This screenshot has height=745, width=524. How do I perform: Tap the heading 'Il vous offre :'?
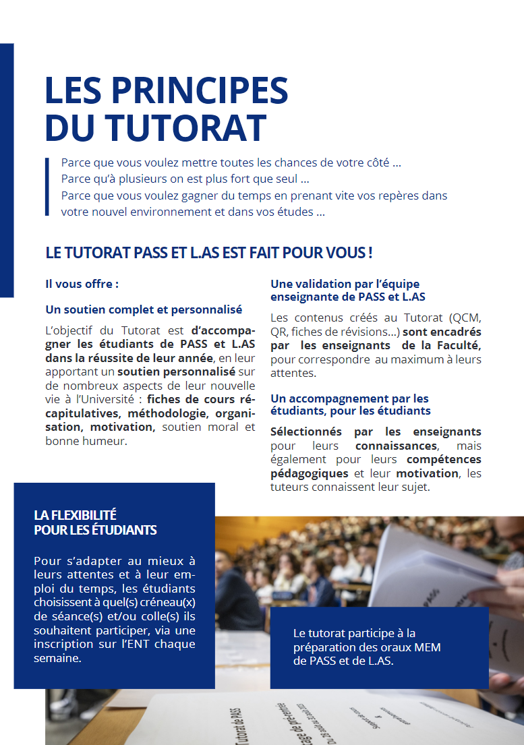(82, 284)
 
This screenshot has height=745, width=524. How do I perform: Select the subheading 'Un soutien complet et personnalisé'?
(144, 309)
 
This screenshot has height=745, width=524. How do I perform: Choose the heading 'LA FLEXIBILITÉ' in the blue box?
(76, 515)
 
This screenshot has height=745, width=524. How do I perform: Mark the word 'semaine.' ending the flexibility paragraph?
(57, 658)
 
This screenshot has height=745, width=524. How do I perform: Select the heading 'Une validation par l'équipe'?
(345, 284)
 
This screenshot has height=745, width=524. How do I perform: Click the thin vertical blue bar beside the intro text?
(47, 187)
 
